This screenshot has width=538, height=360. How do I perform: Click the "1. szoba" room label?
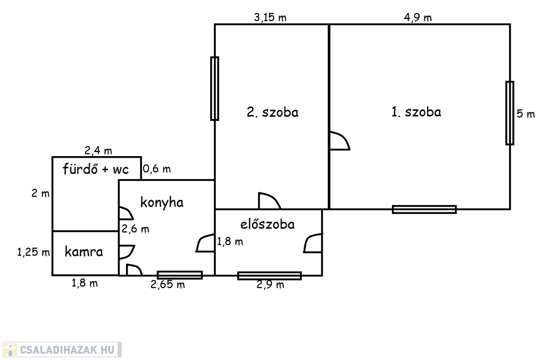point(416,112)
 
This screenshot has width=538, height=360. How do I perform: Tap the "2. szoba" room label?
point(272,112)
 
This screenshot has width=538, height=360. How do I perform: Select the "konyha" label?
point(162,202)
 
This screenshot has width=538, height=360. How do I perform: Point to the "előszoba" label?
point(267,224)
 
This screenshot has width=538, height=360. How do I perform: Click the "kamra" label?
point(84,252)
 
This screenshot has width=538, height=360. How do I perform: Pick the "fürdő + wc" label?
point(96,169)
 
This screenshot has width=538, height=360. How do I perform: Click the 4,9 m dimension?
point(418,17)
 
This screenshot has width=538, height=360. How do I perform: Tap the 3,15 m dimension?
point(270,17)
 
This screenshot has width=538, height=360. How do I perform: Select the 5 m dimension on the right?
point(525,114)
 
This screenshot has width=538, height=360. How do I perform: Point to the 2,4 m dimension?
point(98,151)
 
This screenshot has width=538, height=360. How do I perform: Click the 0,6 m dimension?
point(157,169)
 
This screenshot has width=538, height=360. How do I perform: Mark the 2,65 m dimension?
point(168,285)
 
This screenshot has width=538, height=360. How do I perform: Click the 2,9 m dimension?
point(270,285)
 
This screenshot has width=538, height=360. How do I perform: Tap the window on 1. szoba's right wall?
point(510,113)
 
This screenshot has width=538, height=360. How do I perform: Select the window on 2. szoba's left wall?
point(214,88)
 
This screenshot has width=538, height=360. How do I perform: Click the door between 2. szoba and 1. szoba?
point(339,141)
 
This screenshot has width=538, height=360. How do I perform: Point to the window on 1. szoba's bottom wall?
point(424,209)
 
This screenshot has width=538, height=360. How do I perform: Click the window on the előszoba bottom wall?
point(269,275)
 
